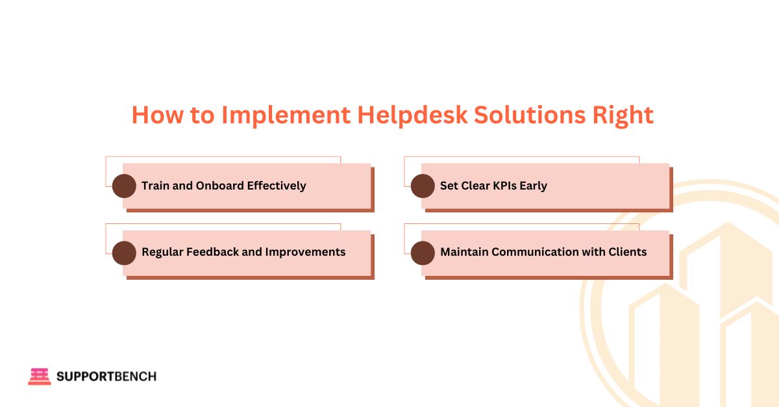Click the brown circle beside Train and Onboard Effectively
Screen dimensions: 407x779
[124, 186]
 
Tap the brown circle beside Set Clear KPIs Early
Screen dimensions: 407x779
[423, 186]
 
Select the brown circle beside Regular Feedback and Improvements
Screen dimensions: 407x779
[124, 253]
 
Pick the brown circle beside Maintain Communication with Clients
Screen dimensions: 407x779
[423, 253]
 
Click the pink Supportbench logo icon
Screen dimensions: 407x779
[39, 376]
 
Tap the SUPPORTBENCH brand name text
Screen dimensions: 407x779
[106, 376]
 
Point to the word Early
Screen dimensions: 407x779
[533, 186]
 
